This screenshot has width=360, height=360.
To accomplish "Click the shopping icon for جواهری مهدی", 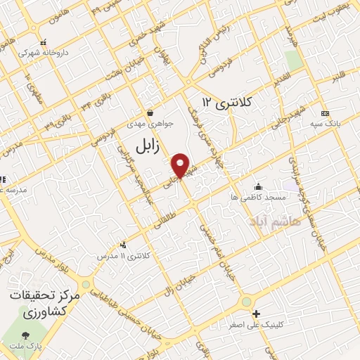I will point(150,112).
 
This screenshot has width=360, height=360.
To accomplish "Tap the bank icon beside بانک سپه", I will point(324,113).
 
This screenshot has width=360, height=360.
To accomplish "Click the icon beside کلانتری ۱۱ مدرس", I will point(124,245).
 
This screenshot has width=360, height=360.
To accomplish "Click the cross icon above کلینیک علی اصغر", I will point(256,314).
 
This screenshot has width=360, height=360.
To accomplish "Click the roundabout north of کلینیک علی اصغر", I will point(246,302).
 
